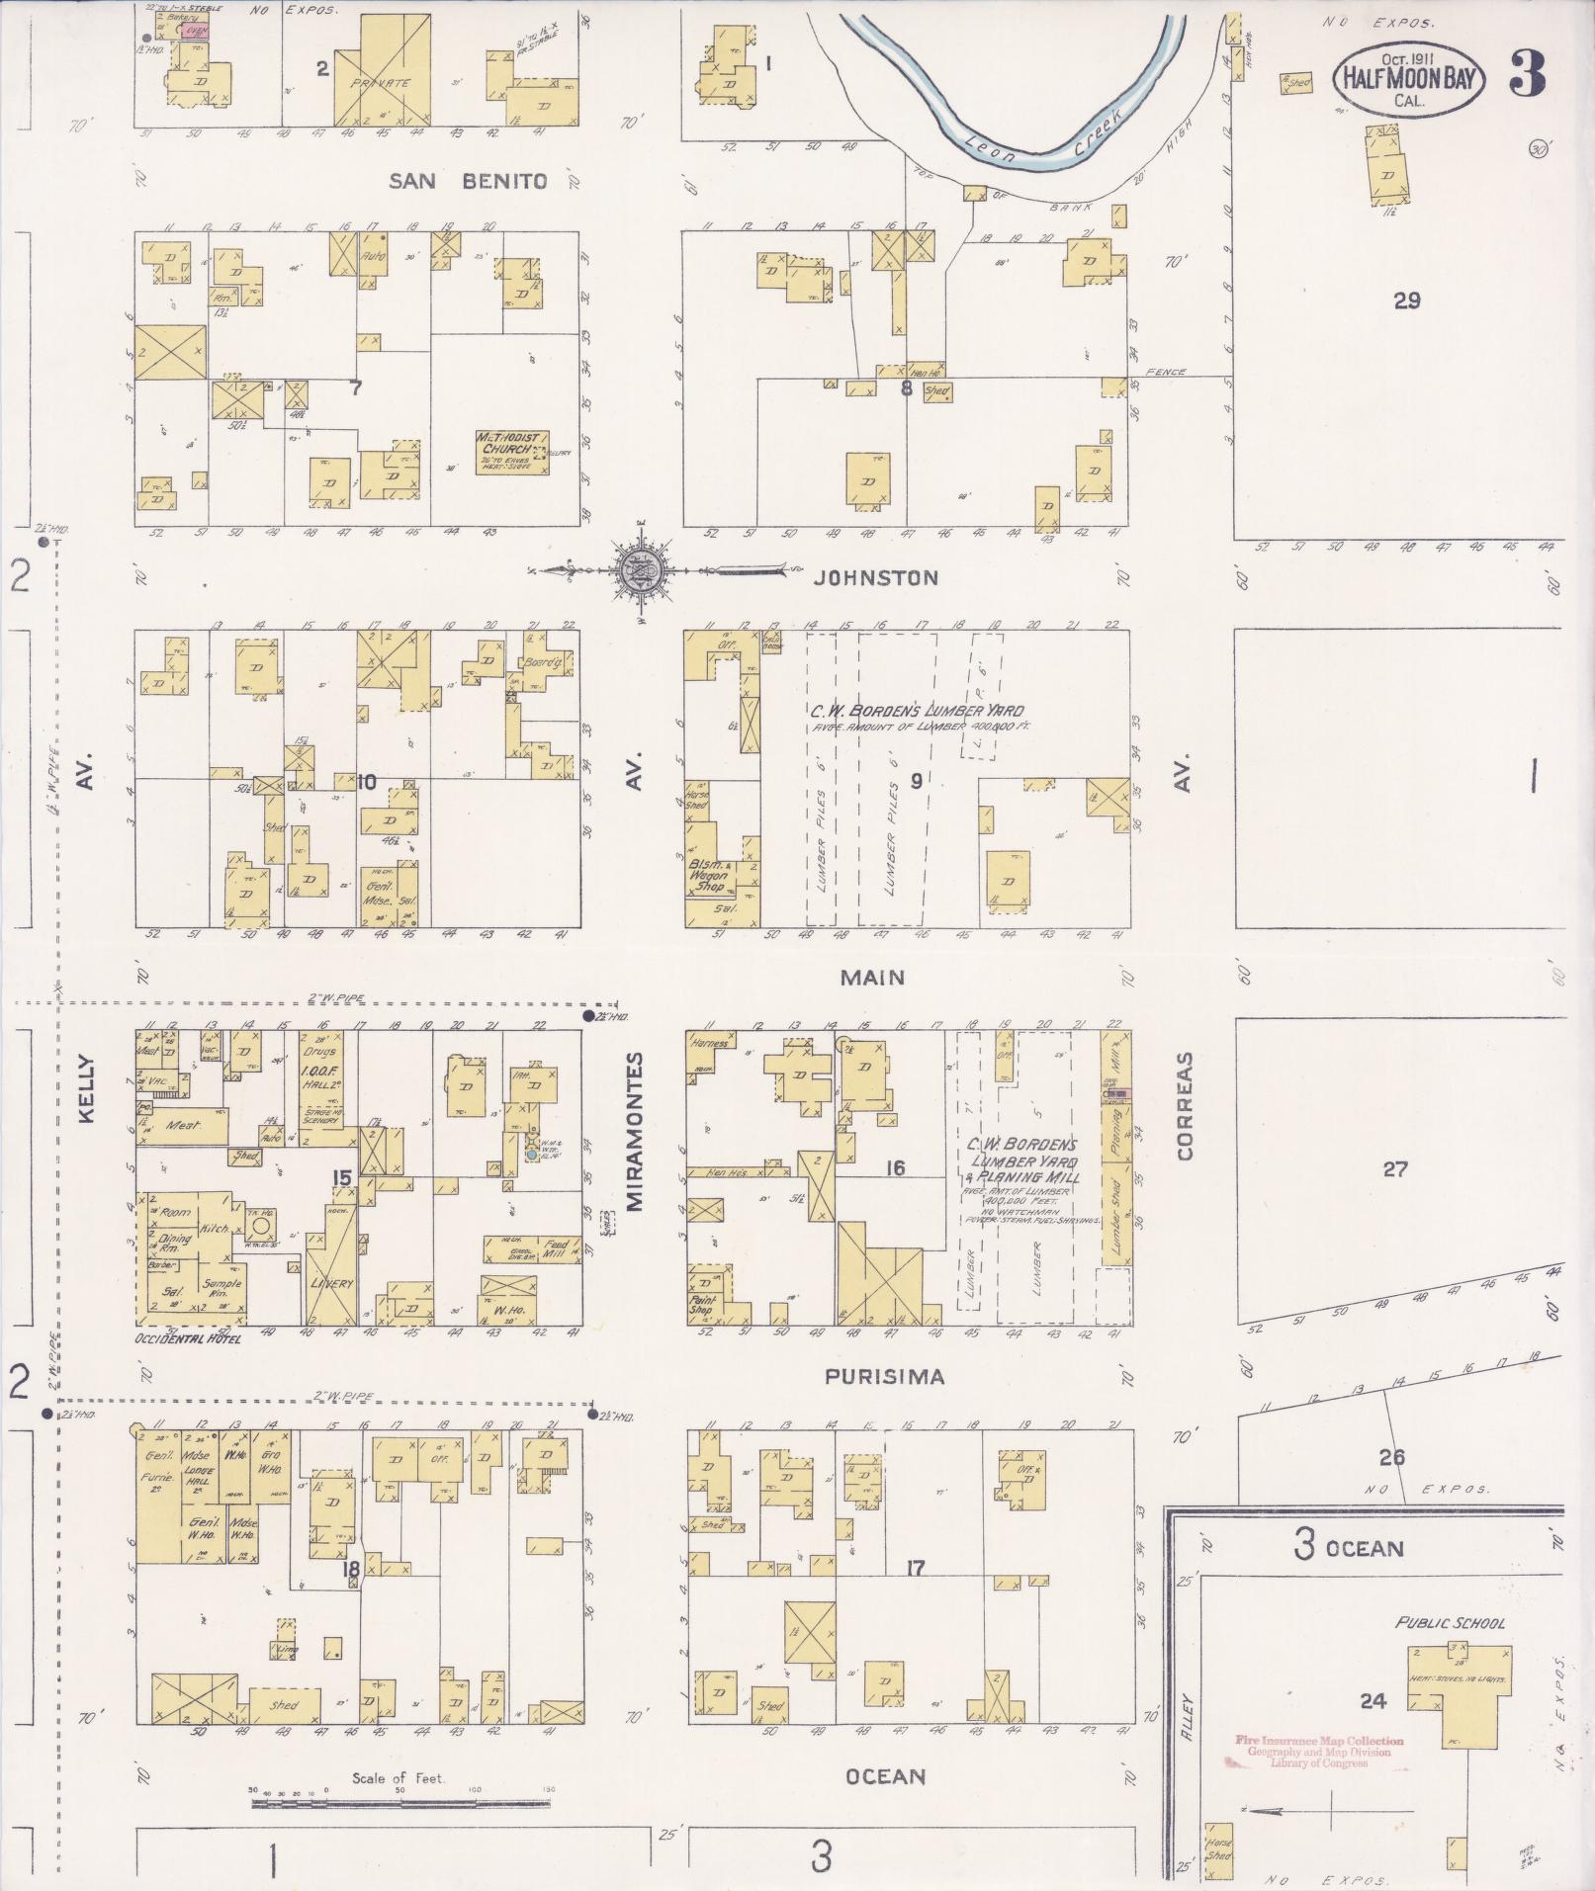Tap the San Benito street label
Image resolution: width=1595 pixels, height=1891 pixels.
tap(468, 181)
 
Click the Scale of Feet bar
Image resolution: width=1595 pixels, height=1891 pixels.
tap(400, 1803)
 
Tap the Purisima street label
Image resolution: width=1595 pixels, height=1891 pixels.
tap(885, 1376)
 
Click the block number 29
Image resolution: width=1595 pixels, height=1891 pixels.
tap(1406, 301)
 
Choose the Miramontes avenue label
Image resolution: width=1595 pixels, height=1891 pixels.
tap(634, 1131)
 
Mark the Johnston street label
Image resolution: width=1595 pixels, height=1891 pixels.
tap(875, 578)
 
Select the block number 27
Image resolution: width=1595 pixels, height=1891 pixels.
tap(1394, 1169)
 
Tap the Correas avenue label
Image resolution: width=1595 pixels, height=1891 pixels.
tap(1186, 1105)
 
